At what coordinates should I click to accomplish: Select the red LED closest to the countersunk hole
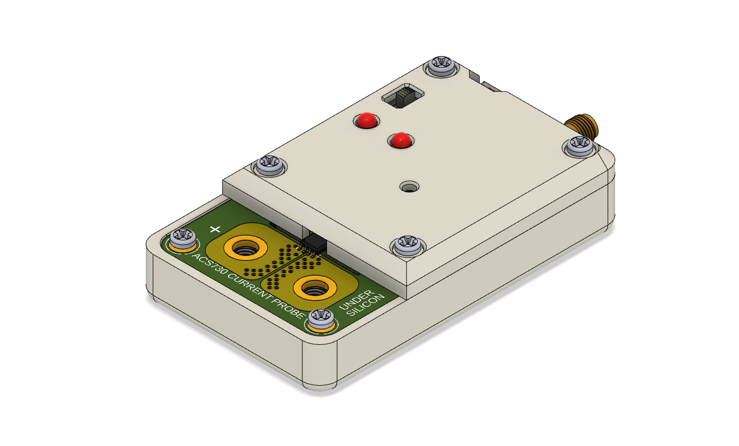(400, 140)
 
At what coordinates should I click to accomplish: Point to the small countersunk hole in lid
(411, 187)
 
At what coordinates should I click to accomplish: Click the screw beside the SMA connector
(579, 146)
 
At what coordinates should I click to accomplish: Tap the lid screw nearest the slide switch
(441, 66)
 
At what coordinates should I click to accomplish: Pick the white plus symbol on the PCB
(215, 229)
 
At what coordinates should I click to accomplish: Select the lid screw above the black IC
(406, 245)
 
